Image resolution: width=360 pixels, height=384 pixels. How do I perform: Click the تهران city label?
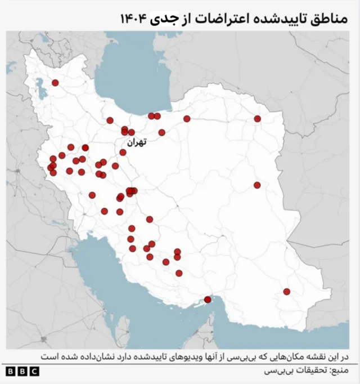tap(136, 143)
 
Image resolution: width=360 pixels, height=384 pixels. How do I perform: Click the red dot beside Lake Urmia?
tap(55, 83)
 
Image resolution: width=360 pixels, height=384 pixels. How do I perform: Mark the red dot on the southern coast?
tap(208, 300)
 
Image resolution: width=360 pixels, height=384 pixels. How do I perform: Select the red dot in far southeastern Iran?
tap(286, 292)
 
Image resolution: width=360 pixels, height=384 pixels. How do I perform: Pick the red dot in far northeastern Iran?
tap(257, 119)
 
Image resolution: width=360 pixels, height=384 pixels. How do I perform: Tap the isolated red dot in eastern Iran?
tap(257, 185)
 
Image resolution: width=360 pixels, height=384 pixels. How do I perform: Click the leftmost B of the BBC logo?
tap(11, 372)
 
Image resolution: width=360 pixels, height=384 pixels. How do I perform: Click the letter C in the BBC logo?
tap(34, 372)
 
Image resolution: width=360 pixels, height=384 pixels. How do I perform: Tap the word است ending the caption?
tap(48, 357)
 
